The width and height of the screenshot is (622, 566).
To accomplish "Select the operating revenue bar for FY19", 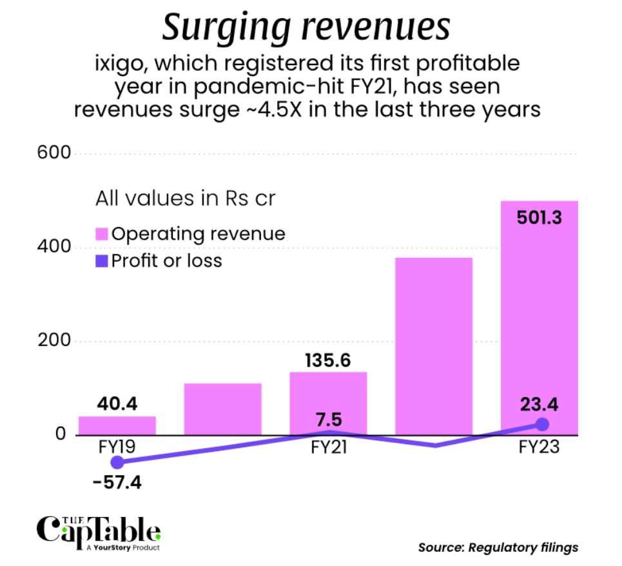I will (x=117, y=425).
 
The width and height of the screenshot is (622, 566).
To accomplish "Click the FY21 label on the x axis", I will (x=328, y=447).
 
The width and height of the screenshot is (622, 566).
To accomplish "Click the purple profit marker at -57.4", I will (x=117, y=462).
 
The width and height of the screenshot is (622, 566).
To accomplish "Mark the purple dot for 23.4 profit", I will (x=542, y=424).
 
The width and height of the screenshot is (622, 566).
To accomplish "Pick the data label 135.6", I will (x=328, y=360).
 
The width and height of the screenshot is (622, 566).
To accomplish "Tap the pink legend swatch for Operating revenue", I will (x=102, y=233).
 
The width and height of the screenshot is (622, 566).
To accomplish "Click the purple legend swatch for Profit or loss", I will (x=102, y=260).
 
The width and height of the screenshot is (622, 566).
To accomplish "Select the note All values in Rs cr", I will (x=185, y=199).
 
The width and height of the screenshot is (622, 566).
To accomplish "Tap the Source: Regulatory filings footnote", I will (x=498, y=547).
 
